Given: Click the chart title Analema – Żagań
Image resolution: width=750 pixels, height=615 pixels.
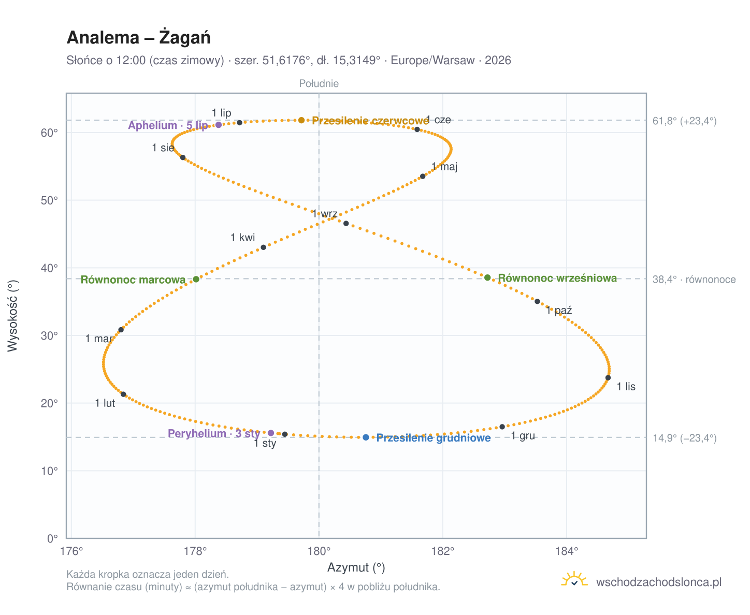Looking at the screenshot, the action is coord(138,37).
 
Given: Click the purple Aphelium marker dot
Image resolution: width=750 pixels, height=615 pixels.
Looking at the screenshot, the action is coord(218,124).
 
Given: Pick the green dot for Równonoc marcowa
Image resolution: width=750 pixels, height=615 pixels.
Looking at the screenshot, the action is coord(196,279).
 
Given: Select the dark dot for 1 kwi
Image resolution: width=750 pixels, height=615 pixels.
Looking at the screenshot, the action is coord(263,246).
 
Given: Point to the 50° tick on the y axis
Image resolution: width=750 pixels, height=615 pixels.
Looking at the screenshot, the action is coord(49,200).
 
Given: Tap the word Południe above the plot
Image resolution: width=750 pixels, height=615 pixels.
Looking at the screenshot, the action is coord(318,83).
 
